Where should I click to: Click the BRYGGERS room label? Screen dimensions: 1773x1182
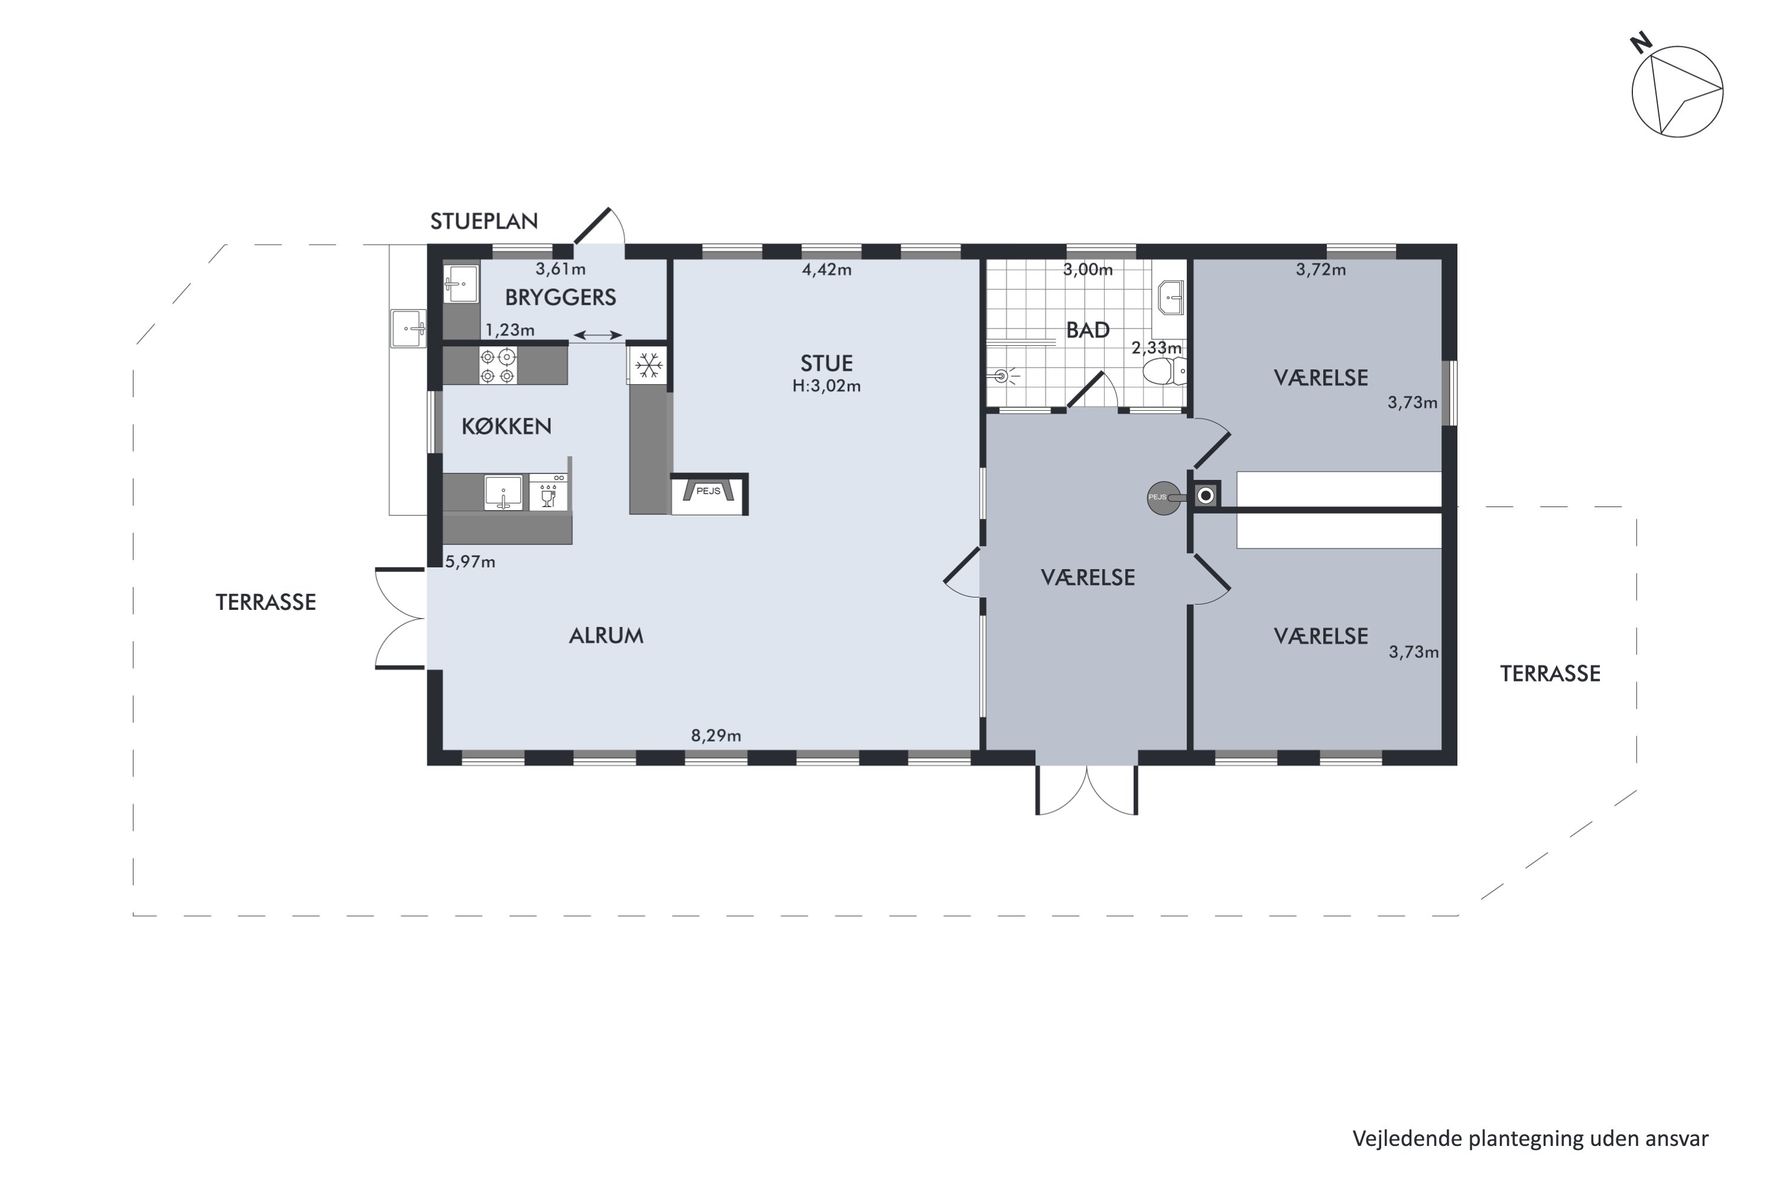tap(560, 298)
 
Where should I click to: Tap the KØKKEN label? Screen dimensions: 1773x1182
tap(506, 427)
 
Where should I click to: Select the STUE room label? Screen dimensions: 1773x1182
tap(826, 363)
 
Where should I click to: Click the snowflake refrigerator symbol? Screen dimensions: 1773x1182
tap(648, 366)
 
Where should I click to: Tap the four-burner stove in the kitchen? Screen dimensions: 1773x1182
tap(498, 366)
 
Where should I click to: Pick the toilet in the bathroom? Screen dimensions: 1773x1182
tap(1164, 371)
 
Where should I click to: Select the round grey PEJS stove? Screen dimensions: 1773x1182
tap(1163, 498)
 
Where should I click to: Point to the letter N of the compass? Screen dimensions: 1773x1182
tap(1641, 43)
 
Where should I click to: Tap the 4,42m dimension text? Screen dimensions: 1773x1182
tap(826, 270)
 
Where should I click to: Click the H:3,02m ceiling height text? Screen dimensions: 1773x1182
tap(826, 386)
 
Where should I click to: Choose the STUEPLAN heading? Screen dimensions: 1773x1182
tap(484, 221)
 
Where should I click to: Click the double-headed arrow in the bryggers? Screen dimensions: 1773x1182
tap(598, 335)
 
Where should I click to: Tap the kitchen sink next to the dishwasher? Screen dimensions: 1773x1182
tap(504, 493)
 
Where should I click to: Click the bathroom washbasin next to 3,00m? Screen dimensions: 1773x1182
tap(1170, 297)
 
